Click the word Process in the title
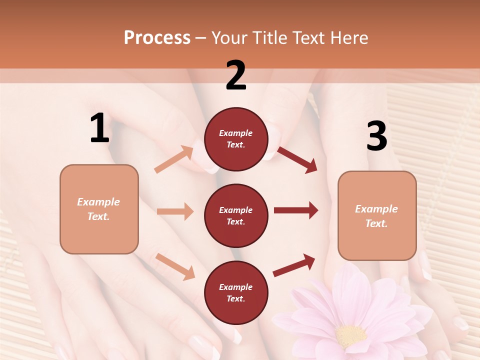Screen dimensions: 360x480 click(157, 38)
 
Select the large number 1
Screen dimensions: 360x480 click(99, 128)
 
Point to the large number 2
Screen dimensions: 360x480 click(236, 75)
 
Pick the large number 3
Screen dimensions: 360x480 click(376, 136)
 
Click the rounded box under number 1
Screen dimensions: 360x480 click(99, 209)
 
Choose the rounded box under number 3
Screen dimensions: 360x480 click(377, 216)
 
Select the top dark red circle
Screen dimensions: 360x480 click(236, 139)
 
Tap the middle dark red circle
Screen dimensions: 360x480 click(236, 215)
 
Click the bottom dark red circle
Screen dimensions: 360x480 click(236, 292)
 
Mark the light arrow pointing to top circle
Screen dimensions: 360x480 click(173, 159)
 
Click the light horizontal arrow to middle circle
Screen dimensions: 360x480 click(174, 211)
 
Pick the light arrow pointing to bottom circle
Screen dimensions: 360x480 click(175, 266)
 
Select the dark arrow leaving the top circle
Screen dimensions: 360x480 click(297, 159)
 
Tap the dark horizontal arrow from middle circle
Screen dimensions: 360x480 click(295, 210)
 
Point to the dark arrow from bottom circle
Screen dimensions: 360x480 click(294, 265)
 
